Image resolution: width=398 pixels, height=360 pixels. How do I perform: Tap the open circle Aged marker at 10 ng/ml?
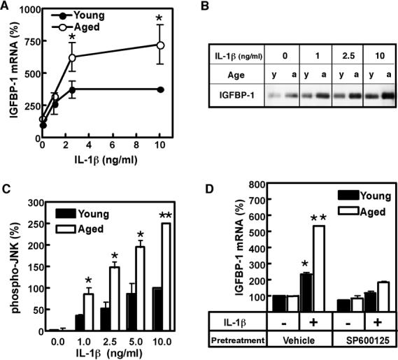[160, 45]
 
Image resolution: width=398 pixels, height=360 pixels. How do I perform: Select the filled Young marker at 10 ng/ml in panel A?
[160, 89]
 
